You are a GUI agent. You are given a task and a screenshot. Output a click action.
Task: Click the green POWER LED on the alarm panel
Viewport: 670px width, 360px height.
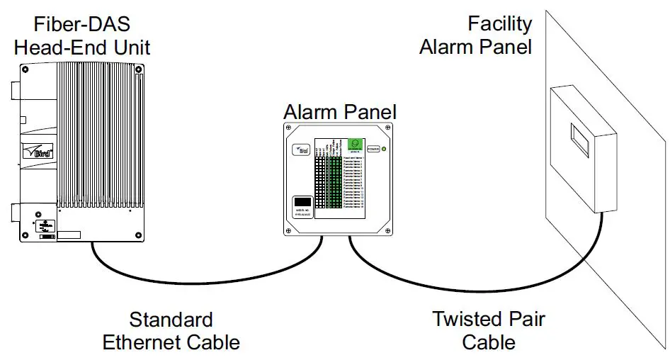(383, 150)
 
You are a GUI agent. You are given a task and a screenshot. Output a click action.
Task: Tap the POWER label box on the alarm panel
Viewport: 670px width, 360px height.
(373, 150)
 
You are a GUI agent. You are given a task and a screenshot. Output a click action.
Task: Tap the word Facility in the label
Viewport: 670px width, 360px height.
(499, 23)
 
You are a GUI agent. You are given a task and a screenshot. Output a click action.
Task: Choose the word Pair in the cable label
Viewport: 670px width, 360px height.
(523, 319)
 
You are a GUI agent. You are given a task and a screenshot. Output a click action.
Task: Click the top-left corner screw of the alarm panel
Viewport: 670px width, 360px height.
(289, 128)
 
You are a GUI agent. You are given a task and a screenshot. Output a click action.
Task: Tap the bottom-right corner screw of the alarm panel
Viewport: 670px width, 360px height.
(387, 230)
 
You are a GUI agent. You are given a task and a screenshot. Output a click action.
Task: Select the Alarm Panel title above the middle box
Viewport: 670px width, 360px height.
(340, 112)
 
